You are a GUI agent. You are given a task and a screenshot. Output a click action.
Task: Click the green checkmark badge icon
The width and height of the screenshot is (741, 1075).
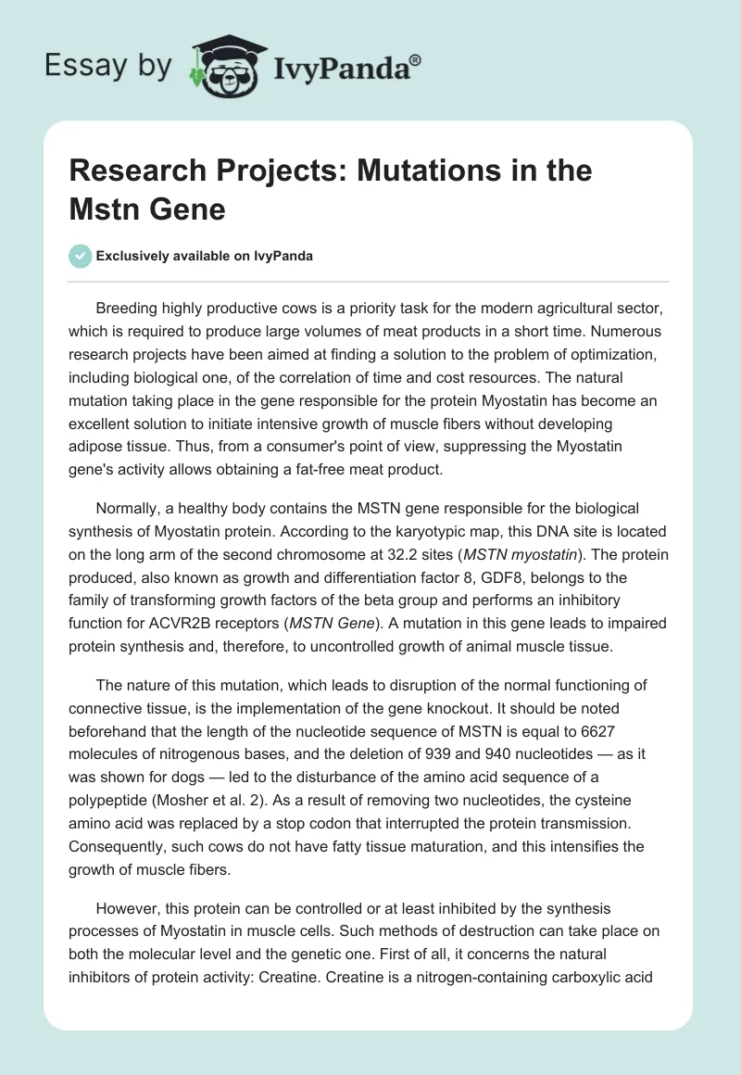[x=81, y=256]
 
